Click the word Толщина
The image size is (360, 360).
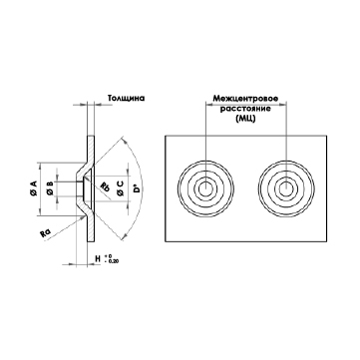click(x=126, y=99)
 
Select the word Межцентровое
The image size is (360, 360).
click(x=245, y=99)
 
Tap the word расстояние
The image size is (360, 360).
click(x=245, y=109)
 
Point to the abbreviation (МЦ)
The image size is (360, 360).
click(x=245, y=119)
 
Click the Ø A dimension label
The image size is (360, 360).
click(x=34, y=188)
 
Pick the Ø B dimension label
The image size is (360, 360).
click(x=50, y=188)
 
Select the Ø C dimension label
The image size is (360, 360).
click(x=121, y=188)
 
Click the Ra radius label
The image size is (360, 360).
click(x=45, y=233)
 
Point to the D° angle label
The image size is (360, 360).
click(x=137, y=189)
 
